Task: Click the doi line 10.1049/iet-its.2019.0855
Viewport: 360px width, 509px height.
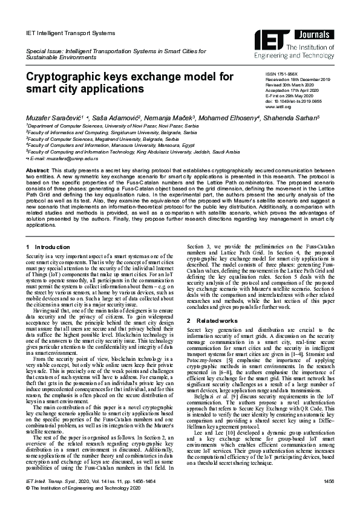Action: (299, 102)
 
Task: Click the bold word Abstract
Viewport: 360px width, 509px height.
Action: (38, 171)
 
